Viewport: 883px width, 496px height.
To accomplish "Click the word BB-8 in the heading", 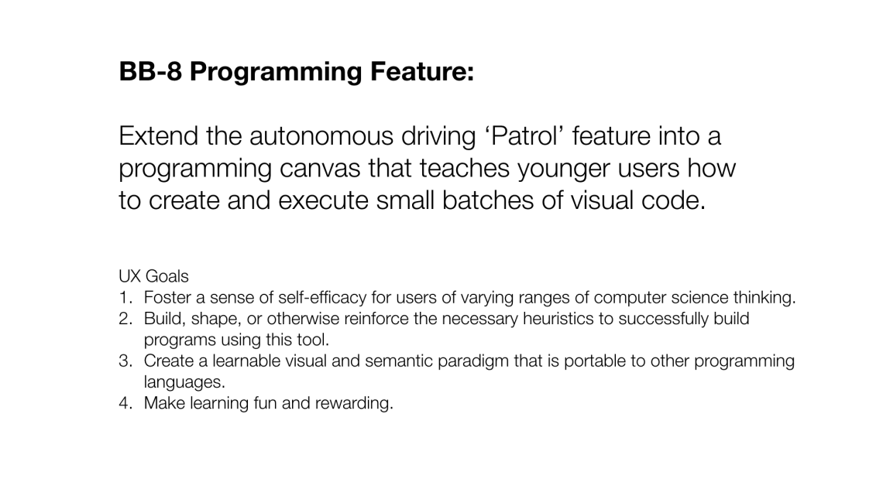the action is pyautogui.click(x=150, y=71).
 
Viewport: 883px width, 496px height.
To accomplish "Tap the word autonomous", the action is pyautogui.click(x=321, y=136).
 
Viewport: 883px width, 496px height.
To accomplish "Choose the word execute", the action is pyautogui.click(x=323, y=200).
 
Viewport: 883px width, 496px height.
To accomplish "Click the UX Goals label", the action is pyautogui.click(x=153, y=276).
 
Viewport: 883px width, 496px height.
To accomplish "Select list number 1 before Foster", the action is pyautogui.click(x=125, y=297).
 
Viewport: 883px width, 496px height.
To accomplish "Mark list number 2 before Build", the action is pyautogui.click(x=125, y=319).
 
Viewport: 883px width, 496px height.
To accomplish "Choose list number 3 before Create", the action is pyautogui.click(x=125, y=361).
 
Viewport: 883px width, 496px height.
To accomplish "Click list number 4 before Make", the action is pyautogui.click(x=125, y=403).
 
